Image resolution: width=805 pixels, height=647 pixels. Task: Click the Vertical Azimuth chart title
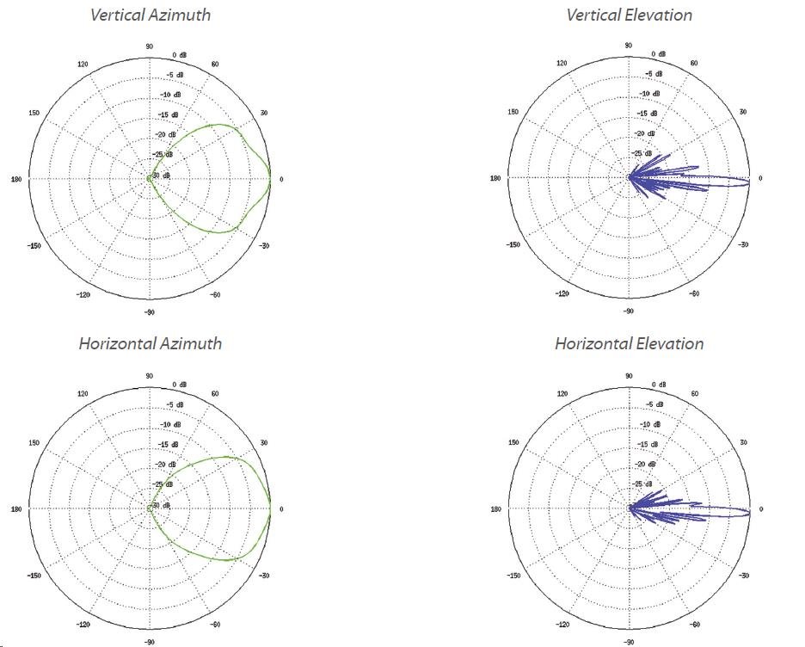[151, 15]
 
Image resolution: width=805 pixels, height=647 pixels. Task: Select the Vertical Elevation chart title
[629, 15]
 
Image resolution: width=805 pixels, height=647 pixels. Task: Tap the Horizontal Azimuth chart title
[151, 343]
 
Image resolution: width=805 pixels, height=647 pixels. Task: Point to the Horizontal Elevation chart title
[629, 343]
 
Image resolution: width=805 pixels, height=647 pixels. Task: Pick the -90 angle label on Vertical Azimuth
[148, 313]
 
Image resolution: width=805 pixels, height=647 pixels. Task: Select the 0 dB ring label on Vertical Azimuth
[179, 55]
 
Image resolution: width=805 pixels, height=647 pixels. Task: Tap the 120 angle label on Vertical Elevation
[562, 64]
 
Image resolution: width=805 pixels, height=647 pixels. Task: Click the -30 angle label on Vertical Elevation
[742, 245]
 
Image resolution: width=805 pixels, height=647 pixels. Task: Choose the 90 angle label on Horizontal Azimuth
[150, 376]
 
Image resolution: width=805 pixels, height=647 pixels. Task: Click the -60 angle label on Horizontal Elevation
[693, 625]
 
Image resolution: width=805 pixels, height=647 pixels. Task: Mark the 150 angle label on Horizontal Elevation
[514, 442]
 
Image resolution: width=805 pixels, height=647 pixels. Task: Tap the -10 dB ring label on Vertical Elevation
[649, 94]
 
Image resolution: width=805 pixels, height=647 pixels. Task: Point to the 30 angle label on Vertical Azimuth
[264, 113]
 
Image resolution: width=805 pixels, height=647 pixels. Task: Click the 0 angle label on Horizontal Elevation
[760, 509]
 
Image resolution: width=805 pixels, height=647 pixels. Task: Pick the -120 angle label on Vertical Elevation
[562, 294]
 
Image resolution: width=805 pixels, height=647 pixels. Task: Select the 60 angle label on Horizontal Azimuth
[214, 394]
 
